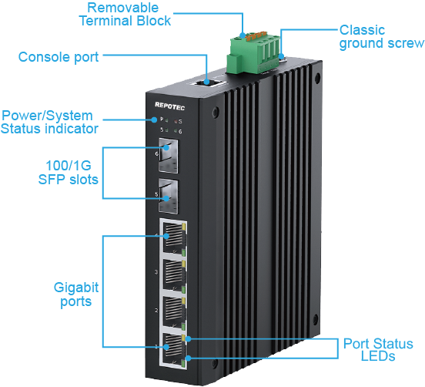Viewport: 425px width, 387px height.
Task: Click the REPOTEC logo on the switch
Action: [x=169, y=106]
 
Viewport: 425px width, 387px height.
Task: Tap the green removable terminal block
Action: [x=253, y=53]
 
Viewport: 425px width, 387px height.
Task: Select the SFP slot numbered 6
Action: [x=169, y=156]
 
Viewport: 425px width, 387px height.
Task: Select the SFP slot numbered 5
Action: [x=169, y=196]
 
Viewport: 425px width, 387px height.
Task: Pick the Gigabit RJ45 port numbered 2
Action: [x=173, y=311]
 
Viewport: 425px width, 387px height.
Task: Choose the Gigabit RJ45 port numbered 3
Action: [x=173, y=274]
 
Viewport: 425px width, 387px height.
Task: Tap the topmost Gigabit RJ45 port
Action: [x=173, y=237]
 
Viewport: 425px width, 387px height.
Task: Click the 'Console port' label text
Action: [x=59, y=57]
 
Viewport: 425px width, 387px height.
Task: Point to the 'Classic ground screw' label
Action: [x=382, y=37]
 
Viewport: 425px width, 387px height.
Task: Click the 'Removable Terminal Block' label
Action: [x=125, y=15]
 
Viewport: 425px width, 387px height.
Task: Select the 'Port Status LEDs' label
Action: [x=378, y=349]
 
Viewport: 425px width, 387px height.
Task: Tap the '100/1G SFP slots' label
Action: [x=69, y=173]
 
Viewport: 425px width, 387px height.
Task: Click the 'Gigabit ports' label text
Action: [x=76, y=294]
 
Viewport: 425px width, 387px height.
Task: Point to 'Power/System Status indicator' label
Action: [x=49, y=122]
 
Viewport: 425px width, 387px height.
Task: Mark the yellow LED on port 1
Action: [x=183, y=338]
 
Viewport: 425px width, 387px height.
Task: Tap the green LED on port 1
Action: [x=183, y=363]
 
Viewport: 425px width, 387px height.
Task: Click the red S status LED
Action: [x=176, y=121]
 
